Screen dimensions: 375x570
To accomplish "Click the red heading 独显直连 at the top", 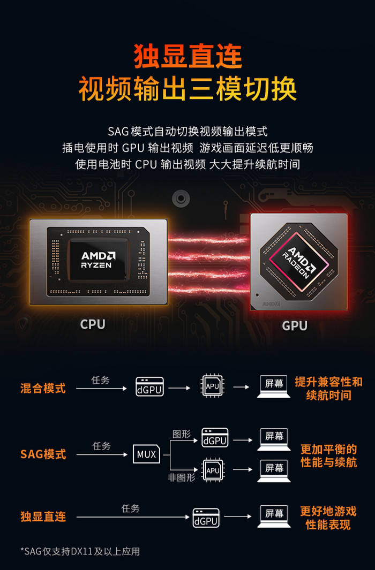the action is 187,56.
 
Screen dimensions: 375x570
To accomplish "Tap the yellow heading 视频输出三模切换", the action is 187,88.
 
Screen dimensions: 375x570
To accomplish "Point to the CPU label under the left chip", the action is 93,324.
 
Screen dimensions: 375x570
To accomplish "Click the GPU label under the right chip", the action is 295,325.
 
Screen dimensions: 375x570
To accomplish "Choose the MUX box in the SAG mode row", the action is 146,454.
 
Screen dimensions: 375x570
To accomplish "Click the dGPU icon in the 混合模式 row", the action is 149,386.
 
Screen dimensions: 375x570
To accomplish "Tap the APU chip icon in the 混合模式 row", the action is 212,386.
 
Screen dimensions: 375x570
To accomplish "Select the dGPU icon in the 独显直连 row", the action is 206,518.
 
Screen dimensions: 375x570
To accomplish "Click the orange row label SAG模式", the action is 43,454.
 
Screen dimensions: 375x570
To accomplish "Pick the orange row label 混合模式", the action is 43,388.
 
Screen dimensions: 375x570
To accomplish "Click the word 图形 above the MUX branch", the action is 182,434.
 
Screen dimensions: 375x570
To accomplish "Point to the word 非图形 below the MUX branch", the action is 182,477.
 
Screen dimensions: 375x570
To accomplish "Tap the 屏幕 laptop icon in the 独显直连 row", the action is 274,516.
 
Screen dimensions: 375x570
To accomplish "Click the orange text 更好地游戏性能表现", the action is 328,518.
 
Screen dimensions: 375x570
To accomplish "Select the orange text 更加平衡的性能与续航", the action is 329,455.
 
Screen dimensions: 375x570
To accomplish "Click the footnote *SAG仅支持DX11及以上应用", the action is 80,551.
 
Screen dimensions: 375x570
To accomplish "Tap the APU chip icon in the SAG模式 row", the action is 213,470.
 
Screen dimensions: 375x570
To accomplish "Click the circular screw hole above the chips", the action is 181,199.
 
